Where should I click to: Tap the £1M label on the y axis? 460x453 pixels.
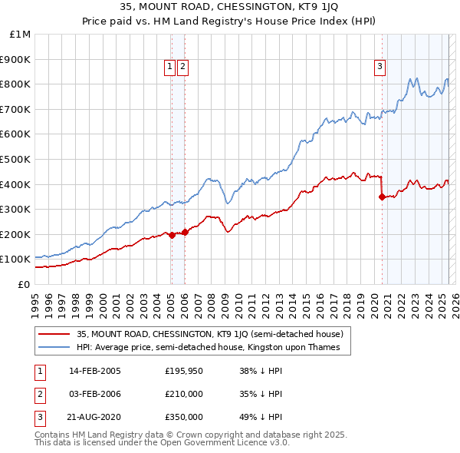tap(20, 35)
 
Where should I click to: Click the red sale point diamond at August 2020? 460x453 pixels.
tap(381, 197)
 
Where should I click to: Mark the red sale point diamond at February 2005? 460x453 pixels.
tap(172, 235)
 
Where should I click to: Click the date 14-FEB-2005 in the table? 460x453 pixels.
tap(95, 371)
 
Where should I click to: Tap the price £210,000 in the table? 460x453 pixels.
tap(184, 394)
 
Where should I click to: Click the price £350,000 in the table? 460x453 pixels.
tap(184, 417)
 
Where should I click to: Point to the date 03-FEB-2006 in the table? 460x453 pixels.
tap(95, 394)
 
